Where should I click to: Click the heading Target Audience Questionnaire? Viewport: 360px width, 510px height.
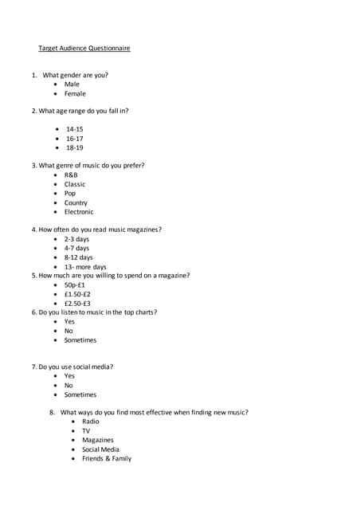[x=84, y=49]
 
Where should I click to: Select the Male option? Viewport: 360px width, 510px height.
[x=72, y=84]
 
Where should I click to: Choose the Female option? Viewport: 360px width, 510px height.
[x=75, y=93]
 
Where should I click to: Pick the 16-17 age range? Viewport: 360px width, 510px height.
[x=75, y=139]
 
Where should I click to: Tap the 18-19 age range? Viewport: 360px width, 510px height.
[x=75, y=147]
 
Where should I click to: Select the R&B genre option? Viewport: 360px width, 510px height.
[x=71, y=175]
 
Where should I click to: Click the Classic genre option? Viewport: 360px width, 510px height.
[x=75, y=184]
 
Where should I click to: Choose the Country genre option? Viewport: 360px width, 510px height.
[x=76, y=202]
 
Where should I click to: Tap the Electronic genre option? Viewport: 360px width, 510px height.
[x=79, y=212]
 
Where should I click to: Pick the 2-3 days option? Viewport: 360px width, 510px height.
[x=77, y=239]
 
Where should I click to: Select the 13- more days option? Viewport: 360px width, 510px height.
[x=85, y=267]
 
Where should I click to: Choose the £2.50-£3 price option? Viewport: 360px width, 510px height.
[x=78, y=303]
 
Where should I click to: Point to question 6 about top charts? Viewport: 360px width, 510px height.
[x=94, y=312]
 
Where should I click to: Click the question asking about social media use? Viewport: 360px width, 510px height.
[x=72, y=367]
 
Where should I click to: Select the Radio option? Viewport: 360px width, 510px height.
[x=91, y=421]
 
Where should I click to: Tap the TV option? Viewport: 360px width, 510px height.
[x=86, y=430]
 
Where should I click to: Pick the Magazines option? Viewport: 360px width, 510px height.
[x=98, y=440]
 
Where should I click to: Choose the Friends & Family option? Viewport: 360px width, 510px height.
[x=107, y=458]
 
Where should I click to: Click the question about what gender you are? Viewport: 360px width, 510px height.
[x=70, y=75]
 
